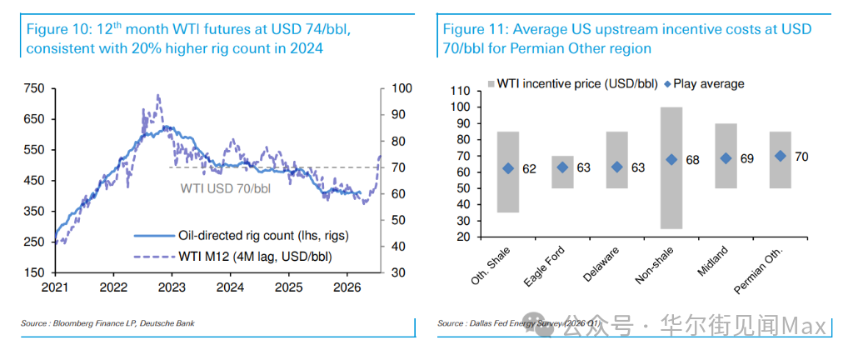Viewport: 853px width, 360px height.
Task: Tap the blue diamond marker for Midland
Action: click(726, 158)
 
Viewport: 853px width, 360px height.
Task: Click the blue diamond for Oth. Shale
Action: click(508, 168)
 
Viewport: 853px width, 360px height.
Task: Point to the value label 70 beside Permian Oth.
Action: click(802, 156)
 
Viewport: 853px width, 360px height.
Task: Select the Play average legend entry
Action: click(704, 83)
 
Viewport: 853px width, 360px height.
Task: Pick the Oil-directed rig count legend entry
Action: click(250, 236)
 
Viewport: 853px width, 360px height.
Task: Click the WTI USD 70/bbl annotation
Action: click(226, 188)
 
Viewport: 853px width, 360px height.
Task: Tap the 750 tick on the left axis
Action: click(34, 88)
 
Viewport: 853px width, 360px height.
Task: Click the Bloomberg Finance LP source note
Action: click(107, 323)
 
